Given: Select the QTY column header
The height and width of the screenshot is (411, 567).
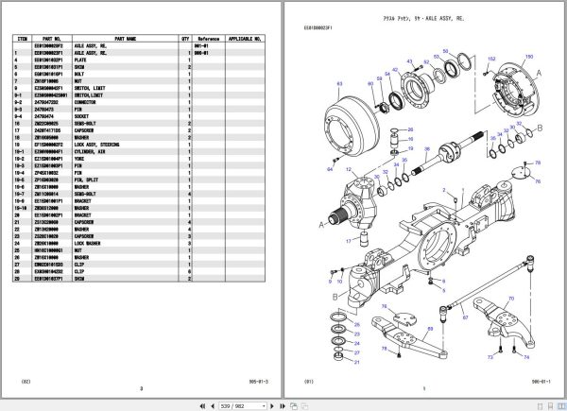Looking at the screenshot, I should [185, 39].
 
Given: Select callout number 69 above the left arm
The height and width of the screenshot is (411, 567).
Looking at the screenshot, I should [430, 329].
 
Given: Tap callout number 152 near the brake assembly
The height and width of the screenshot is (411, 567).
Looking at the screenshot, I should [490, 59].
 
